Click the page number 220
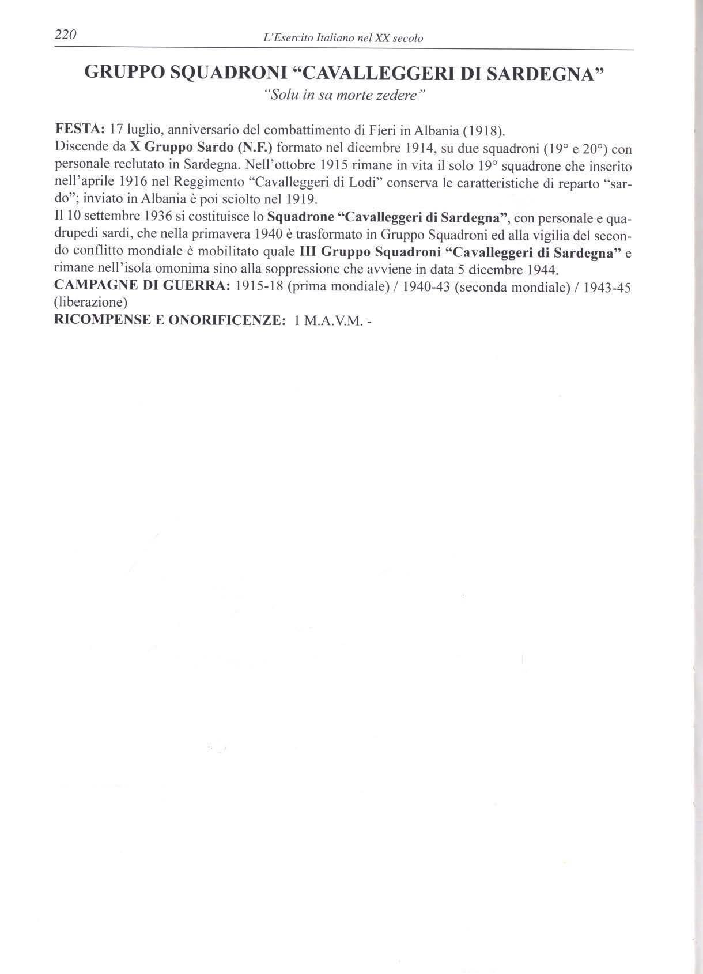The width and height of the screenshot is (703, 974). click(65, 35)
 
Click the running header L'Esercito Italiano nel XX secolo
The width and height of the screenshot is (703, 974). click(343, 39)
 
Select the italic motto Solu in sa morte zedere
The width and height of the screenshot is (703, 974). click(343, 95)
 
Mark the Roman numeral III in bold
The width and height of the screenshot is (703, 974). click(308, 253)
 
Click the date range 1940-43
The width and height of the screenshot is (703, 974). click(426, 287)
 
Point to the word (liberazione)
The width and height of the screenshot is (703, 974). click(90, 303)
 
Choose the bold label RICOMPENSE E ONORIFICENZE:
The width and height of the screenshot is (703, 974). click(169, 320)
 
